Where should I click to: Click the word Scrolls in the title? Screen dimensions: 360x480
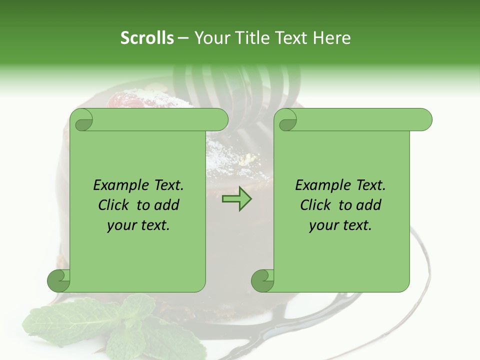(x=147, y=38)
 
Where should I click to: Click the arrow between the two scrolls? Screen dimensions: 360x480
(x=236, y=199)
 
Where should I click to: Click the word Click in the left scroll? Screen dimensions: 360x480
(x=114, y=205)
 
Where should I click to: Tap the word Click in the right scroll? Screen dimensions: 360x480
(x=316, y=205)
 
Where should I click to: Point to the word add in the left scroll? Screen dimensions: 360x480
(x=166, y=205)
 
